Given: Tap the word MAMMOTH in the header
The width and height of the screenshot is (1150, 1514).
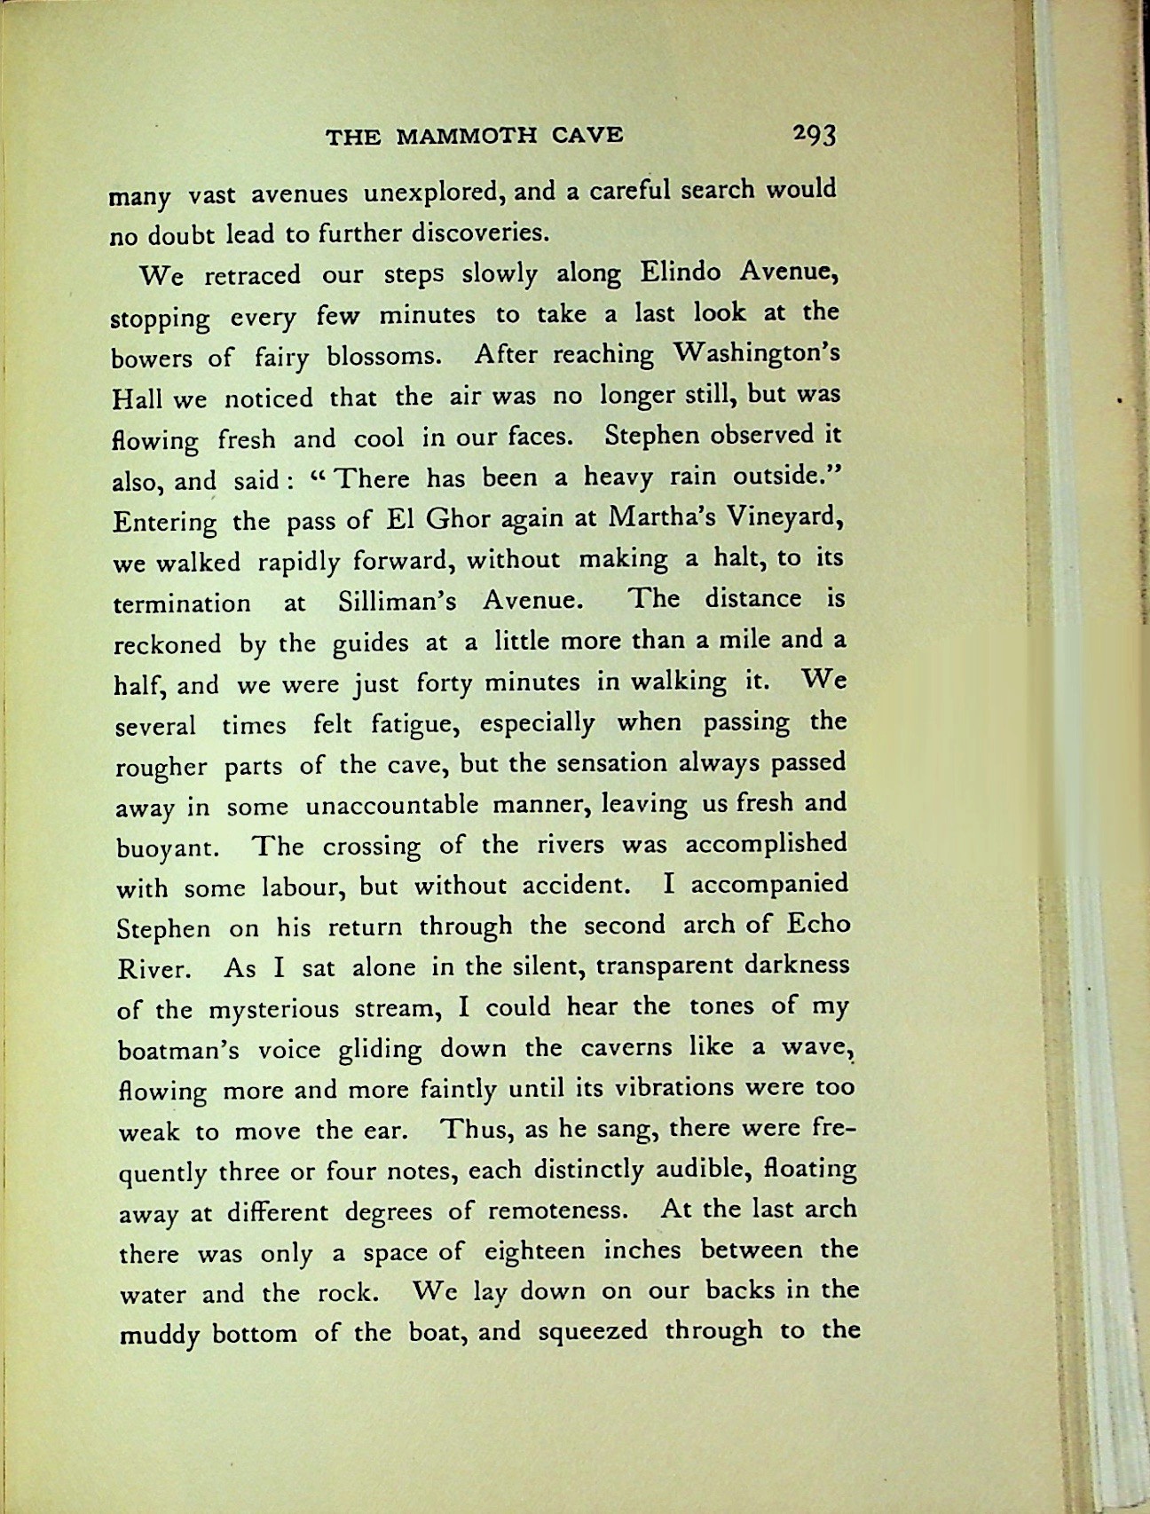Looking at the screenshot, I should [x=467, y=136].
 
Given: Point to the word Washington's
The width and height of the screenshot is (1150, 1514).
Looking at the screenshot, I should [x=756, y=354].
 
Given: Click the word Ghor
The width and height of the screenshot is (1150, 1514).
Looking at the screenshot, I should [x=440, y=519].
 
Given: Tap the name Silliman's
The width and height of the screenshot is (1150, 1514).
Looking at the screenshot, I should [x=397, y=602].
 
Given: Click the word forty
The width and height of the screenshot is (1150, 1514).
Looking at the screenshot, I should [x=450, y=683].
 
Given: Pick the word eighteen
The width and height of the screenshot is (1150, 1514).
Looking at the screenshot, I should [x=535, y=1251].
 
